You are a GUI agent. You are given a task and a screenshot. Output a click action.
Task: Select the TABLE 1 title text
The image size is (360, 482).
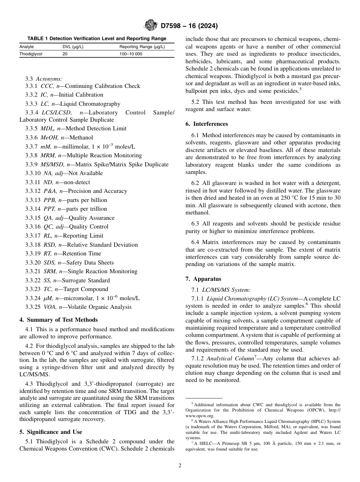coord(97,38)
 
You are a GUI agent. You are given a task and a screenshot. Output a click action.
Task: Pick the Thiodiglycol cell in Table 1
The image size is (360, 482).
coord(31,54)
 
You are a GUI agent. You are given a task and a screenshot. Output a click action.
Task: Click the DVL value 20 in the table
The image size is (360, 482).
coord(65,54)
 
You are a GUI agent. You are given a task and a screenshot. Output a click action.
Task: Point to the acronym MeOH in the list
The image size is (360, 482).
coord(49,138)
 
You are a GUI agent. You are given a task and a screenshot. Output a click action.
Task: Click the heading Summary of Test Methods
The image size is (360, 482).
coord(62,320)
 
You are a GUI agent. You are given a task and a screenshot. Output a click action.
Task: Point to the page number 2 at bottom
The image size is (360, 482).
coord(180,466)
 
